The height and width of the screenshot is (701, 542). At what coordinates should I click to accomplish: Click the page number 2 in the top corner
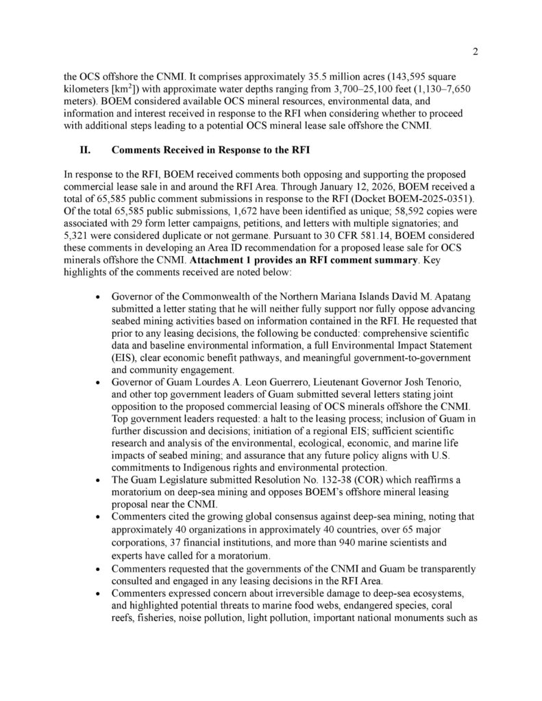click(476, 51)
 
